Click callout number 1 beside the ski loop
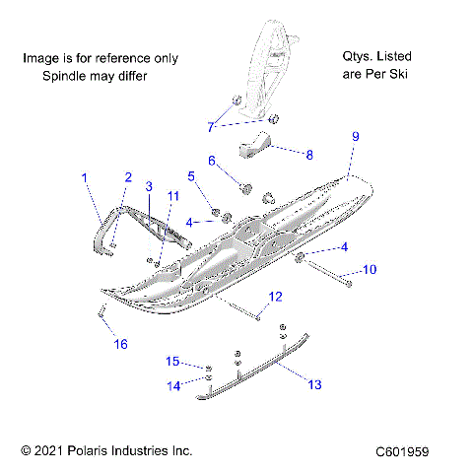pos(85,177)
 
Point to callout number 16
pos(120,344)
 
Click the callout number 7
pos(210,126)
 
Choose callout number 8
pos(309,155)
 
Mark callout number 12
pos(275,296)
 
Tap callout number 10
pos(371,269)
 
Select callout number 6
pos(211,160)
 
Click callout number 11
pos(172,196)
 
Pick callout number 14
pos(173,386)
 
